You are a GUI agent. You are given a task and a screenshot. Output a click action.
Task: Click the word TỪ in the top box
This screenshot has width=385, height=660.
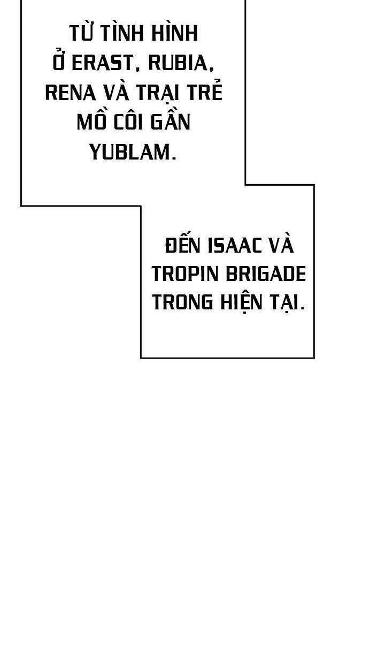pyautogui.click(x=82, y=34)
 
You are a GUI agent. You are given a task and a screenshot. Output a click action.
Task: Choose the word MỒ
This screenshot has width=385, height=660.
pyautogui.click(x=92, y=122)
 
